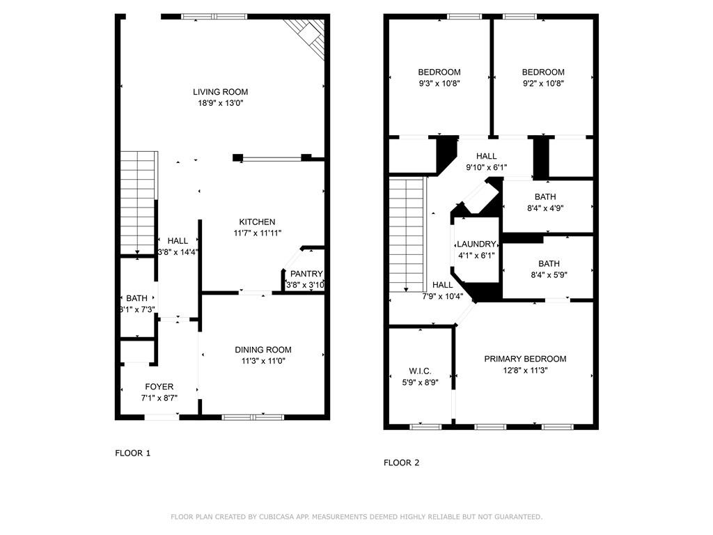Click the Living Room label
click(220, 92)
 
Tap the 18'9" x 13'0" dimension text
click(220, 103)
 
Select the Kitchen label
click(257, 222)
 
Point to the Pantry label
click(306, 274)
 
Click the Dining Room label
click(263, 350)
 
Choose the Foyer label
click(159, 387)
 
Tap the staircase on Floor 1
click(138, 202)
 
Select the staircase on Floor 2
click(407, 233)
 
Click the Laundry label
click(476, 245)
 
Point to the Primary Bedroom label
click(525, 359)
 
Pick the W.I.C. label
click(420, 371)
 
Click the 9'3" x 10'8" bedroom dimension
click(439, 83)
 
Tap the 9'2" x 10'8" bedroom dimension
click(543, 83)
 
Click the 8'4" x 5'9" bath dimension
click(549, 275)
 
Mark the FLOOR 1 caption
click(132, 453)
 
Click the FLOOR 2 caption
click(402, 463)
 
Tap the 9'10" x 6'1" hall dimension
click(486, 167)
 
